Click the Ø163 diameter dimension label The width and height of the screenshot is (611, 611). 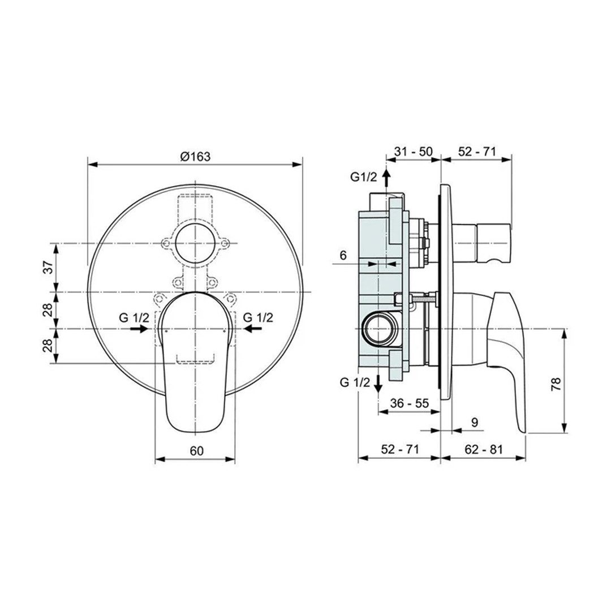[x=195, y=157]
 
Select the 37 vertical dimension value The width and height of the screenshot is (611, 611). [x=48, y=268]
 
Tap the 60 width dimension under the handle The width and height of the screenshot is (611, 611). [x=197, y=451]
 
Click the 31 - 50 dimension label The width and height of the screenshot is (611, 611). [x=413, y=151]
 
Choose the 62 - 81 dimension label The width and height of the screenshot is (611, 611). [x=484, y=450]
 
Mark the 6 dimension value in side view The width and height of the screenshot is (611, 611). [x=343, y=256]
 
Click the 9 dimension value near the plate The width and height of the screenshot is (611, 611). [x=474, y=423]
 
